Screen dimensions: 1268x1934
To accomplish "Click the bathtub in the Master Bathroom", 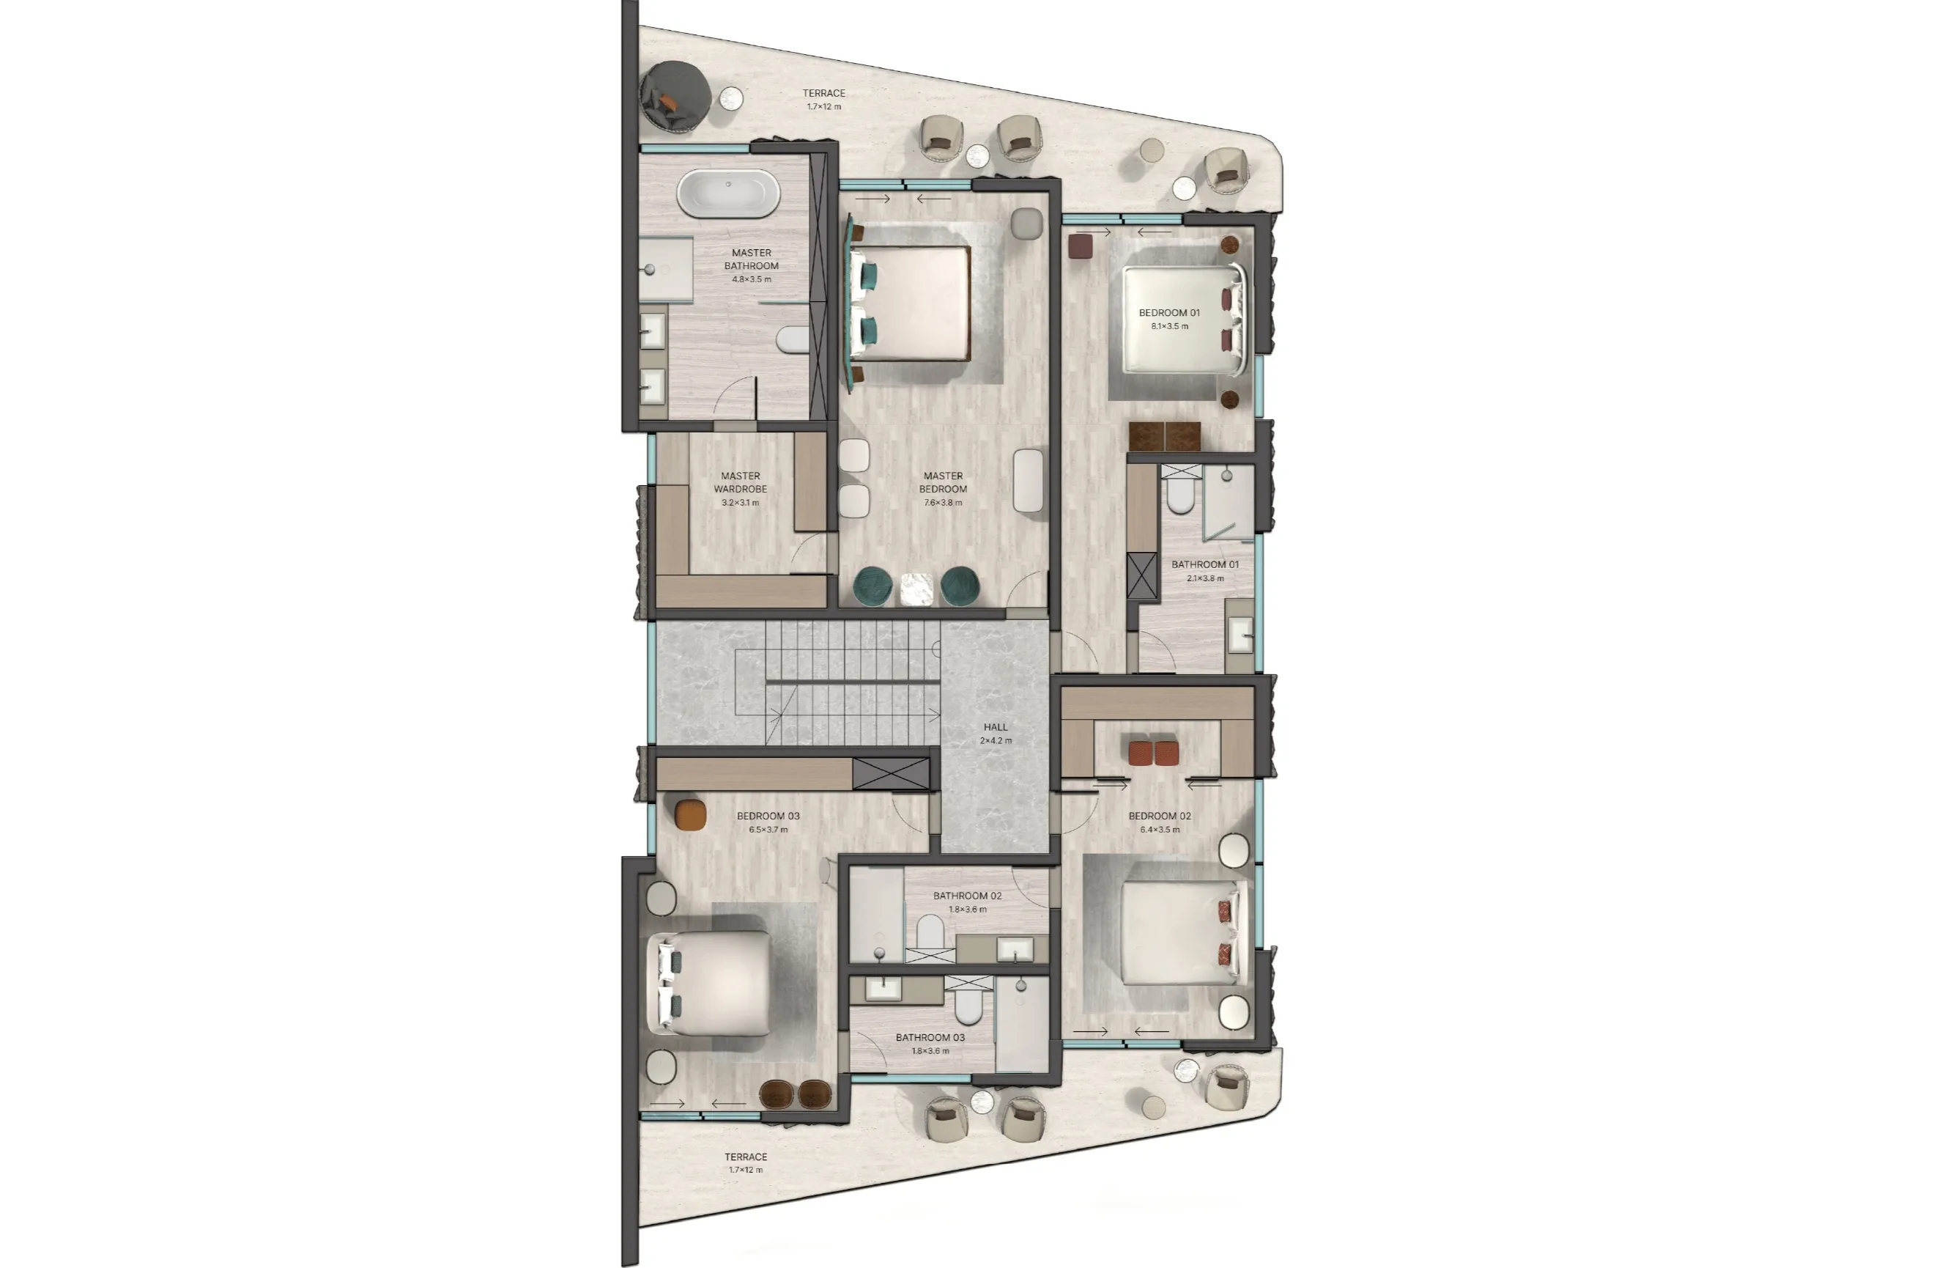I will (x=728, y=193).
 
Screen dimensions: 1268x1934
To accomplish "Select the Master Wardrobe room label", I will (x=741, y=483).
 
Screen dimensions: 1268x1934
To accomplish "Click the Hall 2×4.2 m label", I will (x=996, y=733).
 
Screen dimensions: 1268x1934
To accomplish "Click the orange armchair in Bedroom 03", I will (x=690, y=814).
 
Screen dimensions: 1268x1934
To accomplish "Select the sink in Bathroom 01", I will (x=1240, y=635).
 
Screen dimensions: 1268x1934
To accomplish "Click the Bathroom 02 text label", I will (x=967, y=896).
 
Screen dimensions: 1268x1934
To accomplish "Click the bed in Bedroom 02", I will (x=1178, y=932).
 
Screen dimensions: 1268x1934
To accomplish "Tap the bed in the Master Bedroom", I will (x=912, y=303).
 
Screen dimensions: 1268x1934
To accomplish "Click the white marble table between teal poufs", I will (x=916, y=589).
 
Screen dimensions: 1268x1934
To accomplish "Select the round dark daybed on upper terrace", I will (x=675, y=96).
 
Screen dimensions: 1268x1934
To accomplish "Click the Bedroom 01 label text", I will (x=1168, y=313).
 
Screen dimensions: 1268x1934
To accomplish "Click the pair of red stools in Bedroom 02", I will (x=1153, y=752).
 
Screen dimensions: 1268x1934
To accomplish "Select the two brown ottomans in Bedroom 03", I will (x=796, y=1094).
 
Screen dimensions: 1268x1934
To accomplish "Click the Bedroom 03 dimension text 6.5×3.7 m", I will (x=768, y=830).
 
